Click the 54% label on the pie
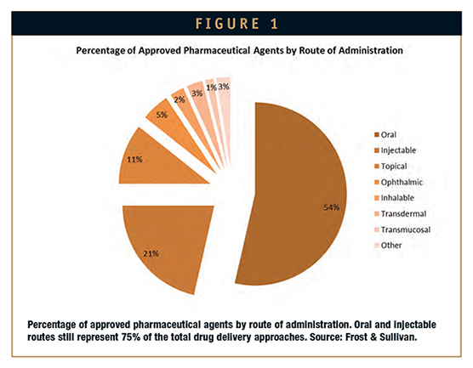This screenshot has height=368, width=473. [x=332, y=207]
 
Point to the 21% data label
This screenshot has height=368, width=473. [x=151, y=254]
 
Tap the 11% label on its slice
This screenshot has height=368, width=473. [x=134, y=160]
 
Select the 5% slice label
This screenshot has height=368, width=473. [x=162, y=115]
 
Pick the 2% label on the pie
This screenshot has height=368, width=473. [x=180, y=99]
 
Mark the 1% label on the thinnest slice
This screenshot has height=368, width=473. [x=211, y=88]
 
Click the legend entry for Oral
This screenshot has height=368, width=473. [x=385, y=135]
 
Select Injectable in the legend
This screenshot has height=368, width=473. [x=396, y=150]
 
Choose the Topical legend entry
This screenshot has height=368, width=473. [x=390, y=167]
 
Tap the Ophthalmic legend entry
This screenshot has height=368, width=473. [x=398, y=183]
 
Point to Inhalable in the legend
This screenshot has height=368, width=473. [x=394, y=198]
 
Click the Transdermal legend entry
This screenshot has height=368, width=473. [x=401, y=214]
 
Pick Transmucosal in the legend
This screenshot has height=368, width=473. [x=402, y=230]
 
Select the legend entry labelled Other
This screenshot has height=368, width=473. [x=388, y=246]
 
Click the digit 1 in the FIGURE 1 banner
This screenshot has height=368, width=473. [x=274, y=24]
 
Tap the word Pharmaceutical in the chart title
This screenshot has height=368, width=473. [x=217, y=50]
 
